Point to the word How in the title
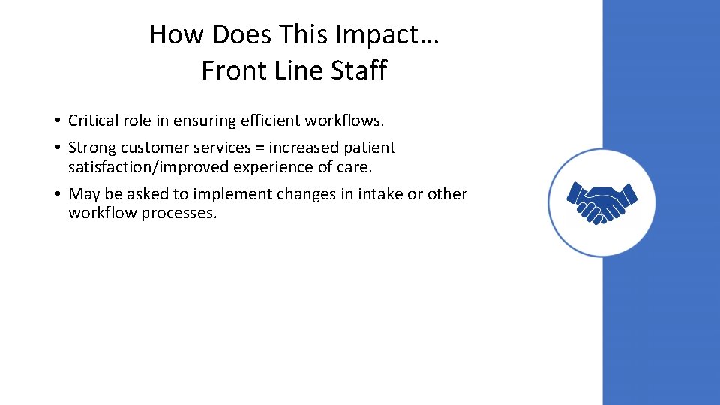173,34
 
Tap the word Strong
92,148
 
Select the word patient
369,148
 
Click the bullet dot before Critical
57,121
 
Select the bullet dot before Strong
57,148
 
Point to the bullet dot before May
57,195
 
